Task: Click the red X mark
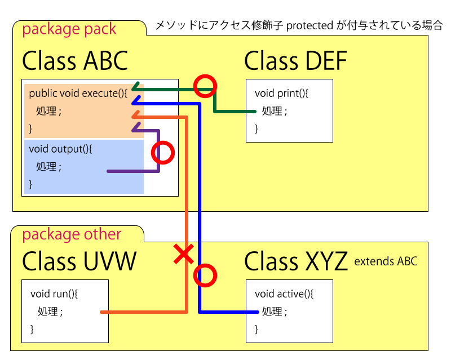pos(183,255)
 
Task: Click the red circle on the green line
pos(204,86)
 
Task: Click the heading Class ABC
pos(75,61)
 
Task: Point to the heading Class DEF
pos(295,61)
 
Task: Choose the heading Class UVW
pos(79,262)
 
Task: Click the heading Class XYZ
pos(295,262)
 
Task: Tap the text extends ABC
pos(386,261)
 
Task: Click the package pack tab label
pos(69,29)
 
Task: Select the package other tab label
pos(72,234)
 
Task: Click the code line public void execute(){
pos(78,93)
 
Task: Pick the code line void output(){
pos(60,149)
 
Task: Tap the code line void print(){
pos(282,93)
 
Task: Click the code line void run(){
pos(54,294)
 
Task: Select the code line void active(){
pos(284,294)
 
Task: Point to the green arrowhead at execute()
pos(135,88)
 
